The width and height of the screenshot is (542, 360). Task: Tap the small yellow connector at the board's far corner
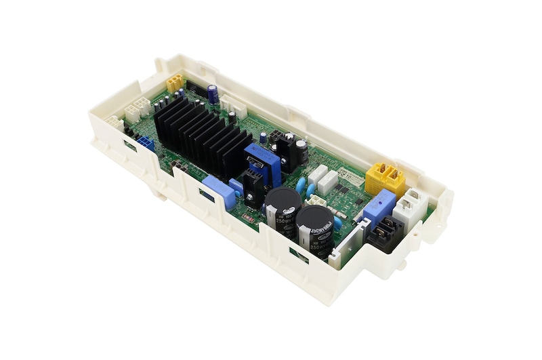pos(175,82)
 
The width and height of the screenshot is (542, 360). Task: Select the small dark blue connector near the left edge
pos(145,143)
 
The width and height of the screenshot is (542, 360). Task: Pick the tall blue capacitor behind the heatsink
pos(213,93)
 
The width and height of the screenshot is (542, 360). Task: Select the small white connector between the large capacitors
pos(316,201)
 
